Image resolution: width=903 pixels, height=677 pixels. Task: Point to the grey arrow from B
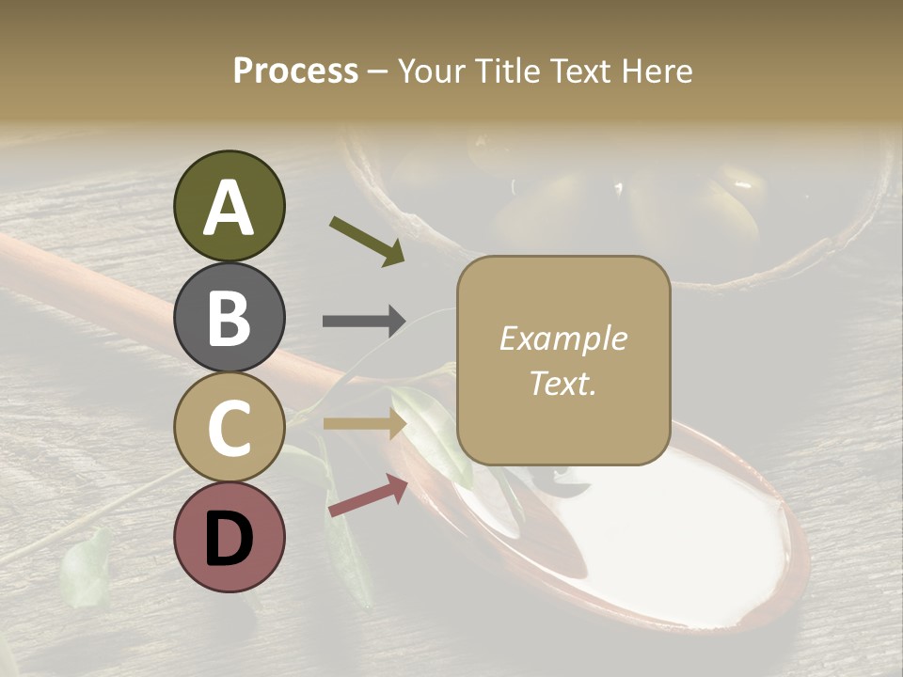[363, 322]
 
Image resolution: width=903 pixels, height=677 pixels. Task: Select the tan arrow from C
[363, 424]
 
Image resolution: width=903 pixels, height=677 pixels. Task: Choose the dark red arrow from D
[367, 496]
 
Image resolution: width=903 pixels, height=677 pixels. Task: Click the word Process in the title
[295, 71]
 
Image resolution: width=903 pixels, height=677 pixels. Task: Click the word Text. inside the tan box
[563, 383]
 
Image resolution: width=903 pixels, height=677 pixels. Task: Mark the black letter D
[229, 540]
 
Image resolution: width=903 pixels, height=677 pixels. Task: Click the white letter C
[229, 429]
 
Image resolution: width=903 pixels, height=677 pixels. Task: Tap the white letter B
[229, 318]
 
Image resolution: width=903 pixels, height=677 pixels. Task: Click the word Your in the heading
[433, 71]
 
